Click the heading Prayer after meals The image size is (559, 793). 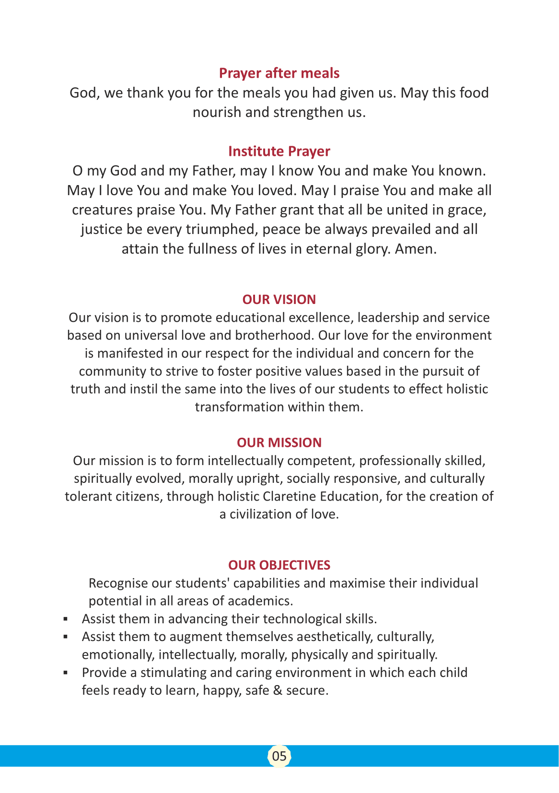point(279,73)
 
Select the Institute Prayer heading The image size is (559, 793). point(279,152)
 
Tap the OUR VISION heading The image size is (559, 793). point(279,300)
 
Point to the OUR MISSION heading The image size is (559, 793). point(279,443)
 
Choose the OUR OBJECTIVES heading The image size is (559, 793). point(279,565)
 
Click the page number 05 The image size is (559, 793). point(279,756)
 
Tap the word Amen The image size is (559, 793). point(415,249)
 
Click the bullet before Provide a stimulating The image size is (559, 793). point(65,673)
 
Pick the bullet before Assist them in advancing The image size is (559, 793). point(65,619)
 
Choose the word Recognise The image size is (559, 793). point(118,583)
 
